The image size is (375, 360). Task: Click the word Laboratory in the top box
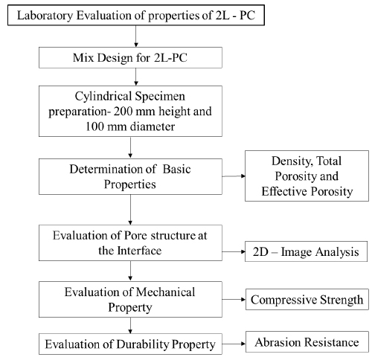45,16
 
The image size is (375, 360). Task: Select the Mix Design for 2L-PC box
130,57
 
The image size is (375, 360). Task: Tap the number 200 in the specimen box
123,111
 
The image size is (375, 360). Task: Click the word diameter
153,126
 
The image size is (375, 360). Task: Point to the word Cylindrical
103,97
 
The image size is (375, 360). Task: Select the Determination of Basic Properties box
130,176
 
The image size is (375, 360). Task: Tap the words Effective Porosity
307,191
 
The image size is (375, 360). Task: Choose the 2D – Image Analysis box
306,251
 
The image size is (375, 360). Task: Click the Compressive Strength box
307,299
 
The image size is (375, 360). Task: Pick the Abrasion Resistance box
307,341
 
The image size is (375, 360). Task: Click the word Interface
139,251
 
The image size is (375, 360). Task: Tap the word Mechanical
165,292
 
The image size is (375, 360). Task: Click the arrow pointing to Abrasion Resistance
234,344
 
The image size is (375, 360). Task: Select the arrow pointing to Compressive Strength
234,299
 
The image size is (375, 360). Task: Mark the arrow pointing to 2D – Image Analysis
234,251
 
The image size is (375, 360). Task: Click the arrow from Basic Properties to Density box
234,176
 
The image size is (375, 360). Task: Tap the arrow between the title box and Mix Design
135,36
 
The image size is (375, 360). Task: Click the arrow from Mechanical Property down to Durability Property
130,326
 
